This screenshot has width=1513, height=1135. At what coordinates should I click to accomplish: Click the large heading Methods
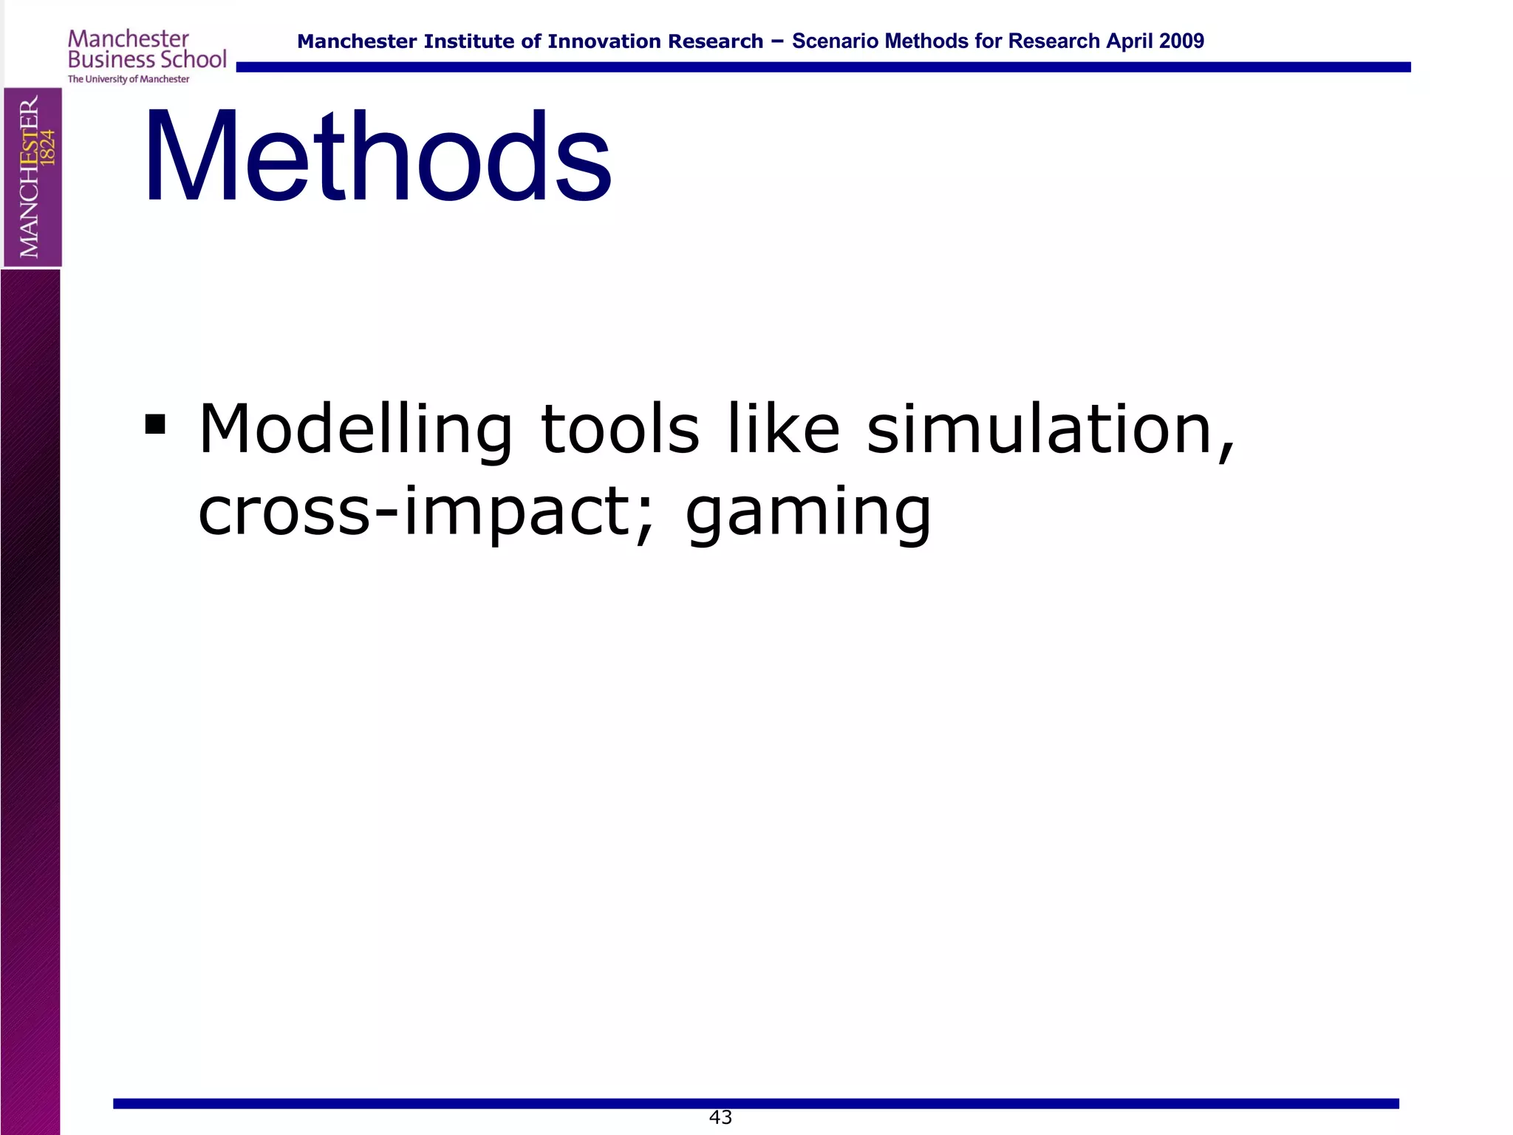coord(377,157)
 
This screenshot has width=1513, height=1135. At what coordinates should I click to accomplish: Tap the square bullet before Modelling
coord(155,425)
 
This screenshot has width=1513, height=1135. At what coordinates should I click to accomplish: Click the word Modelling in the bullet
coord(355,430)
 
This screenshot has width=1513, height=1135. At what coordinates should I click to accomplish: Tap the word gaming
coord(808,515)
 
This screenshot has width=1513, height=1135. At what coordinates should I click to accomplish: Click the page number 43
coord(720,1117)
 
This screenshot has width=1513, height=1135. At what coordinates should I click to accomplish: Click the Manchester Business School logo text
coord(146,50)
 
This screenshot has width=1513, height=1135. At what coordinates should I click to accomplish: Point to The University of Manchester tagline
coord(129,79)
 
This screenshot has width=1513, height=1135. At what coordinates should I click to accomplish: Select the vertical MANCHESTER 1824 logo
coord(33,177)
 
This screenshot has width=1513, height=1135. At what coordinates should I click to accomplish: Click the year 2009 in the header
coord(1181,41)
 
